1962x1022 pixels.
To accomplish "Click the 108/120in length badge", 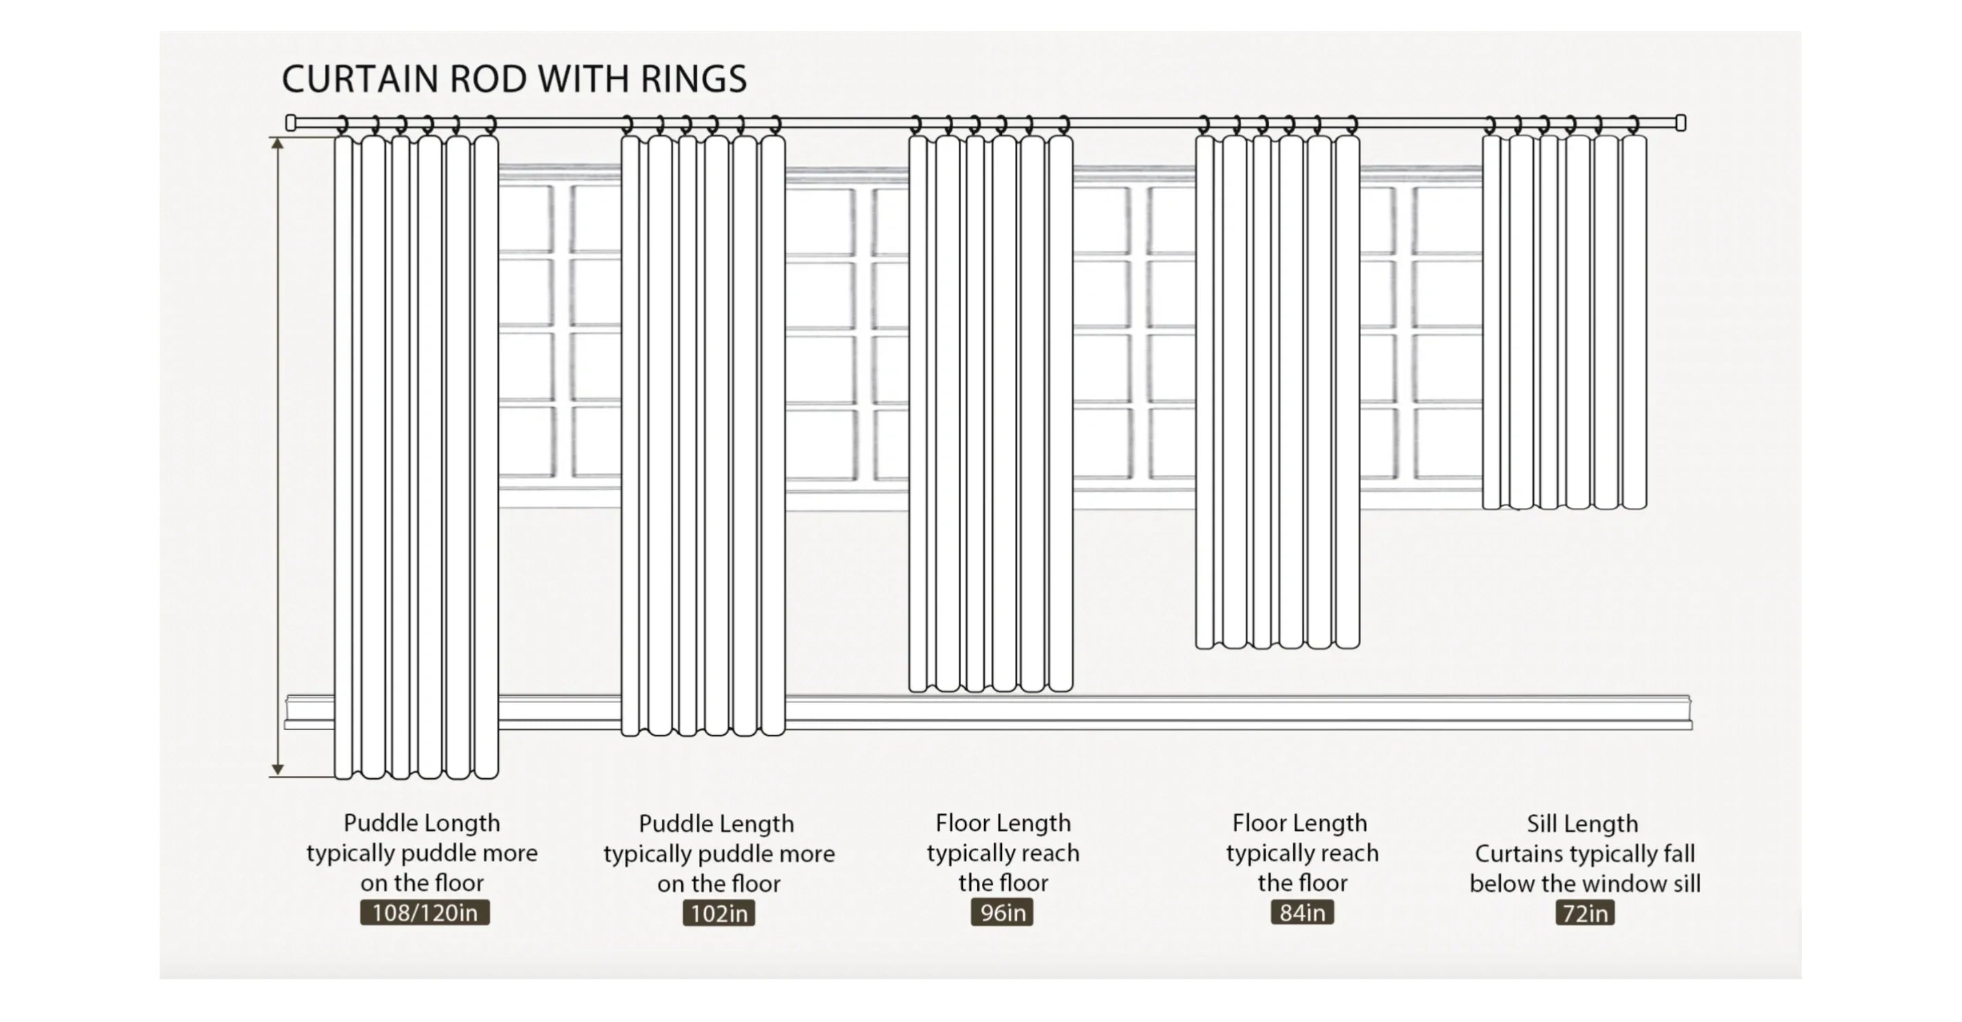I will (x=424, y=912).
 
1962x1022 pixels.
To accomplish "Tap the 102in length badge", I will (x=718, y=913).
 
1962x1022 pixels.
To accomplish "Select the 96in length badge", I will (x=1002, y=912).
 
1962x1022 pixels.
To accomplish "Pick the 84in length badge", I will (x=1301, y=912).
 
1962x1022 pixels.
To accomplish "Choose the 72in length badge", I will (x=1584, y=913).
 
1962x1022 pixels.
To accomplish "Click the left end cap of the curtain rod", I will (x=290, y=123).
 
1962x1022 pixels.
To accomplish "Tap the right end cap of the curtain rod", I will (x=1680, y=123).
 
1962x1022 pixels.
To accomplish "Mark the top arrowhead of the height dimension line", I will (x=278, y=144).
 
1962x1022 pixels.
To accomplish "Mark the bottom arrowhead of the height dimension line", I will (x=278, y=770).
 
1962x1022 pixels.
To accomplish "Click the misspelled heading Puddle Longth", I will (x=421, y=823).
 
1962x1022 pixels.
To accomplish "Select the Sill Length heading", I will (x=1582, y=823).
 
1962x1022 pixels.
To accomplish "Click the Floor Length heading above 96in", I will (x=1003, y=823).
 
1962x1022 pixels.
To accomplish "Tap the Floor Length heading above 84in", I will (x=1299, y=823).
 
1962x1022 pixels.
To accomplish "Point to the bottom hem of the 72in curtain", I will (x=1565, y=506).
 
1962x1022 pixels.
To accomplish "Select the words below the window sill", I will (x=1584, y=884).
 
